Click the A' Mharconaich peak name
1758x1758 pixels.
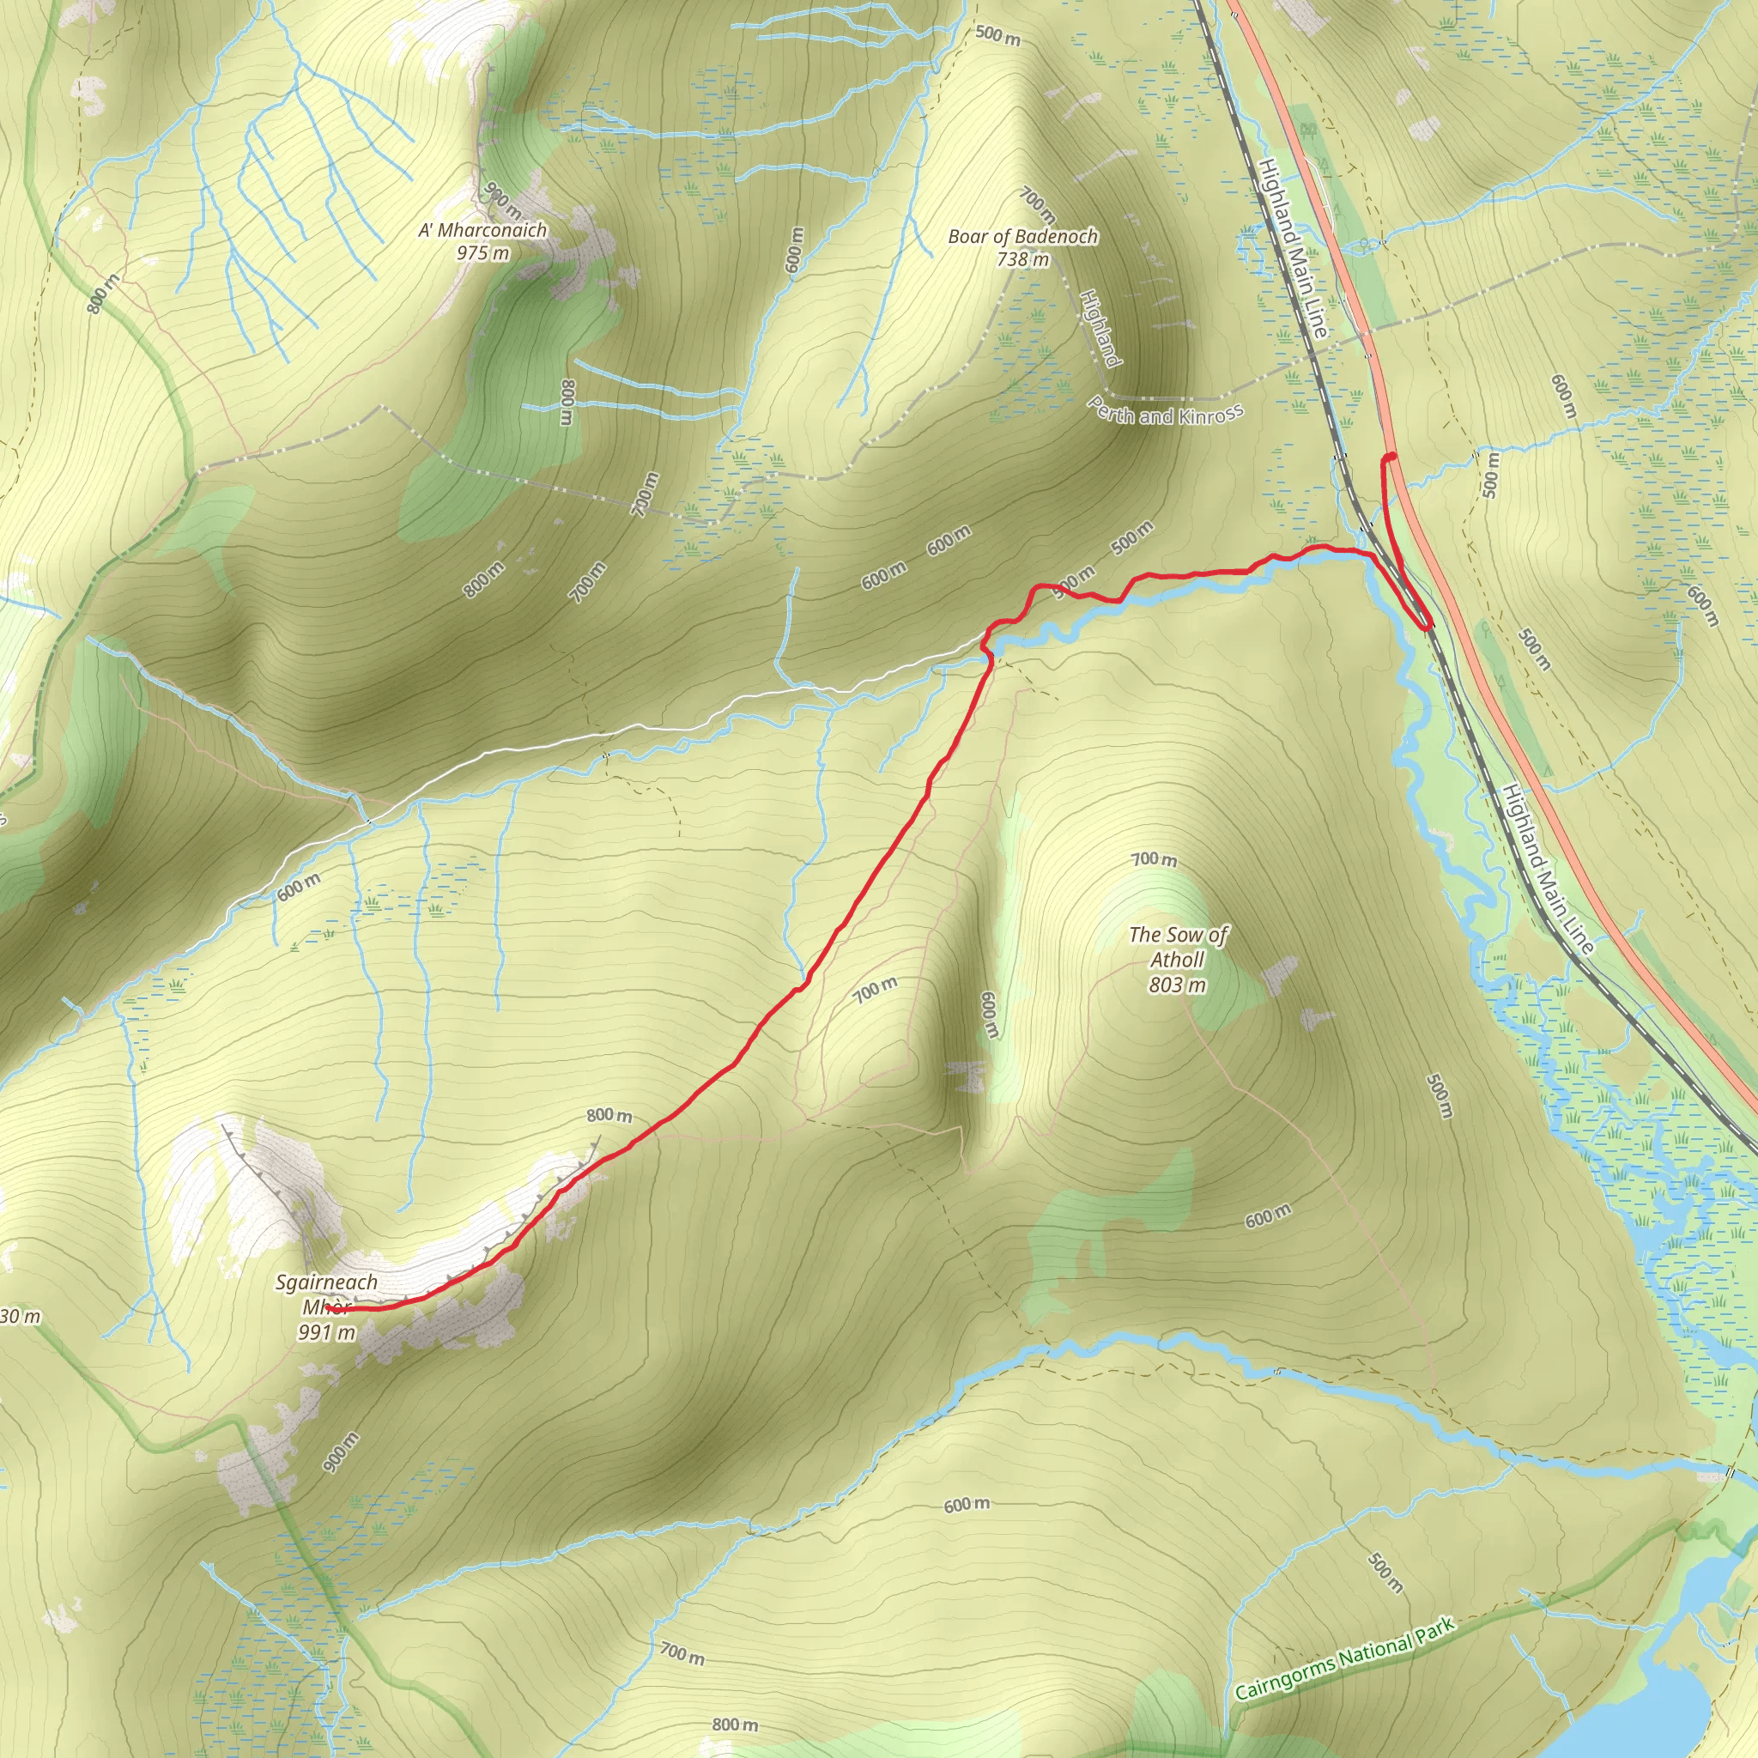482,230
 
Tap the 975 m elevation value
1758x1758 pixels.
482,253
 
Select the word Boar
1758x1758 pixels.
967,237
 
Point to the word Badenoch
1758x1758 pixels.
1057,237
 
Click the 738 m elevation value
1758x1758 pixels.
1022,259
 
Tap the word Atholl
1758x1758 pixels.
1177,959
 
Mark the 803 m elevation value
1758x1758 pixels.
1177,985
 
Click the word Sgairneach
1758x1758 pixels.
325,1282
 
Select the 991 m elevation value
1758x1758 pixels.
325,1333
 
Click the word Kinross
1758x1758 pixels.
1210,415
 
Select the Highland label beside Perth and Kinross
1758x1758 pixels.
1100,329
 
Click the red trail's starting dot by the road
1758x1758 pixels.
1391,457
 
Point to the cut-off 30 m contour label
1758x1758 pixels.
20,1317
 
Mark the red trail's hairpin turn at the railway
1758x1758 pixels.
1426,626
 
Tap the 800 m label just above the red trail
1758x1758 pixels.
609,1116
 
